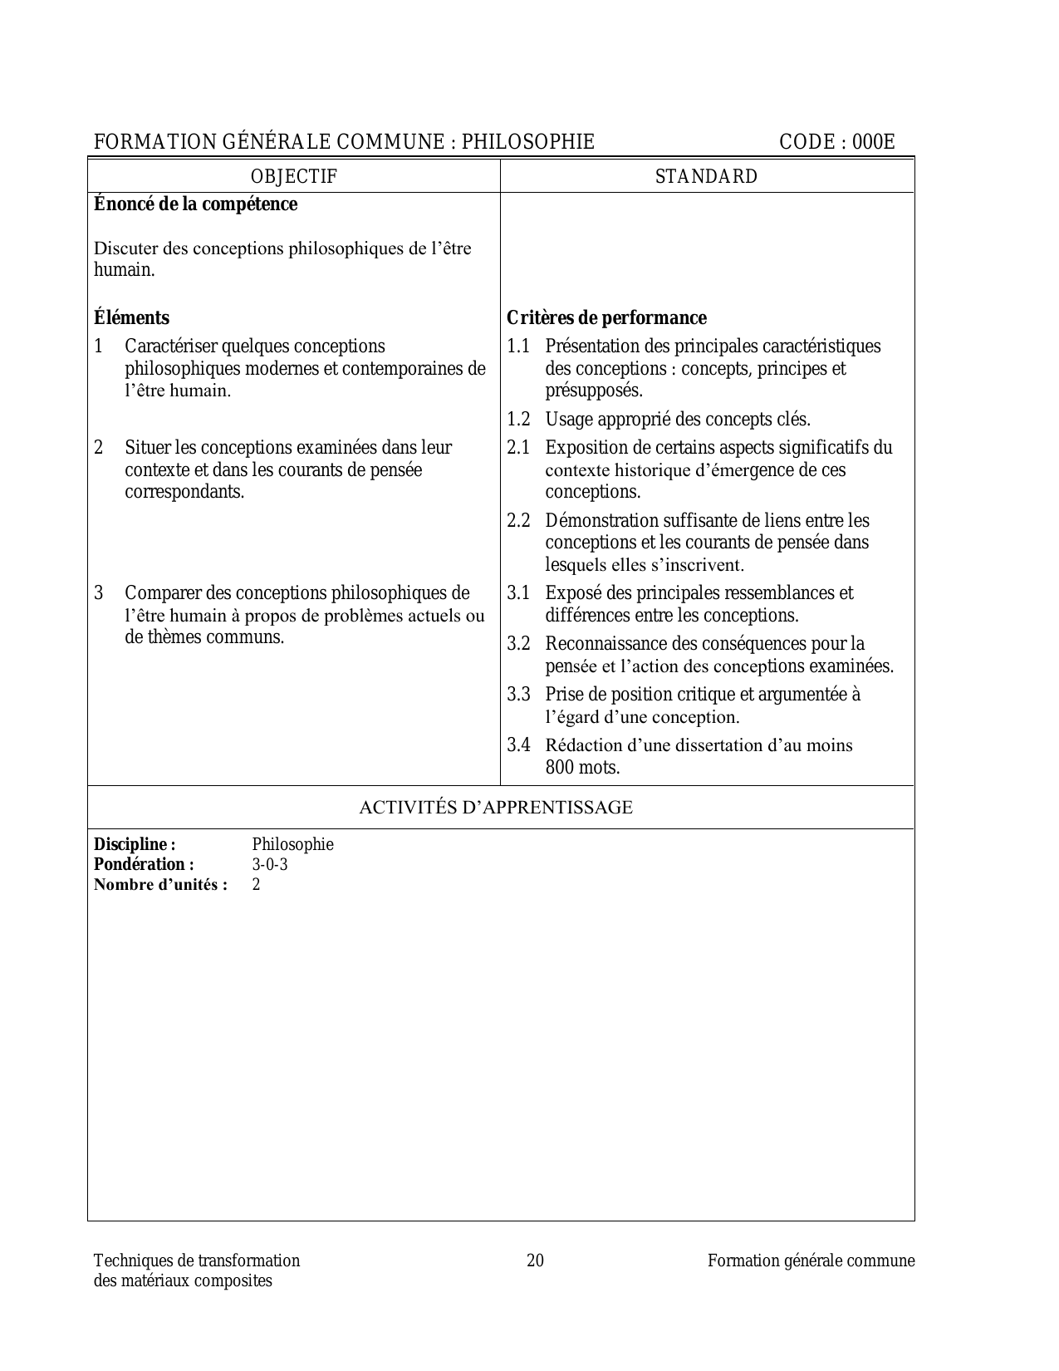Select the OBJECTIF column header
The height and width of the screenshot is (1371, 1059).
(294, 176)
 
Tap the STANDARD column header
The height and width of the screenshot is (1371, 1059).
(706, 176)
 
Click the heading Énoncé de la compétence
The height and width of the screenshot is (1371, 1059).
(195, 204)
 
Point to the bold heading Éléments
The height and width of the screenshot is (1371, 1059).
(131, 317)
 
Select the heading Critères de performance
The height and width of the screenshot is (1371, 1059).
(606, 317)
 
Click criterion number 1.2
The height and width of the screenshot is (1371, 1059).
(518, 419)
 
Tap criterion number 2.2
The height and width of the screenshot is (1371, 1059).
(518, 521)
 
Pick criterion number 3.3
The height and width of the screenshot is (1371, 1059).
(518, 694)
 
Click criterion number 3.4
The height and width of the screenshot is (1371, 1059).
(518, 744)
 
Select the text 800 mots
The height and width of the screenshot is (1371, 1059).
(582, 767)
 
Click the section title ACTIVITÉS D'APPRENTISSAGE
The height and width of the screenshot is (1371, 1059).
(495, 807)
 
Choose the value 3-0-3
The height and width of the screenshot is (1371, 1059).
(270, 864)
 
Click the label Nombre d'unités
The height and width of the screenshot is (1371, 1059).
(160, 884)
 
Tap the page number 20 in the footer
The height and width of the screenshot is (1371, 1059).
(536, 1260)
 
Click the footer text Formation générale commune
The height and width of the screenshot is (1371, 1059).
(811, 1260)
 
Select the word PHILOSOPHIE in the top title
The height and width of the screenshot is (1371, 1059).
(528, 142)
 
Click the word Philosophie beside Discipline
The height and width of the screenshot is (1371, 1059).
(292, 844)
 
